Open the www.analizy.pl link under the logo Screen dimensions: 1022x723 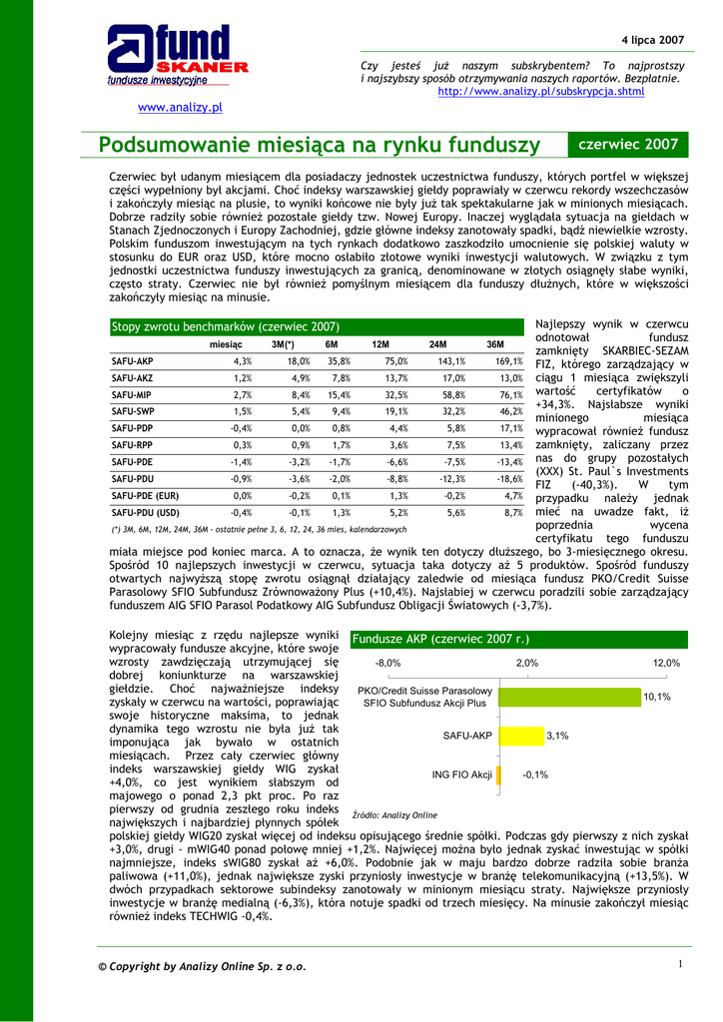coord(179,107)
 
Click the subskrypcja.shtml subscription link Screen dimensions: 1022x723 coord(541,92)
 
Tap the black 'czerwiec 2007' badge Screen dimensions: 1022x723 coord(628,145)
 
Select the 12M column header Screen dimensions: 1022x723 coord(379,344)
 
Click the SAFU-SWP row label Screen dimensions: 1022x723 coord(133,411)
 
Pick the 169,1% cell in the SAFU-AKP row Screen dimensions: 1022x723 coord(508,361)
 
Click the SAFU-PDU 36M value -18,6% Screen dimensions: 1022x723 coord(508,479)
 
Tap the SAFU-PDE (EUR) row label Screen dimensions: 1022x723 coord(145,495)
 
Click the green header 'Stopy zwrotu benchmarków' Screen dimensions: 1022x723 coord(226,326)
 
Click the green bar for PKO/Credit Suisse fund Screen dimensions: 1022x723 coord(569,696)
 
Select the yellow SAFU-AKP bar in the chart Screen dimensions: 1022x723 coord(519,736)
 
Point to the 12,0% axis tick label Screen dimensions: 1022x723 coord(666,663)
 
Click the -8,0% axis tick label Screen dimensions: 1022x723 coord(387,663)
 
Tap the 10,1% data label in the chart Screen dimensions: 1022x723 coord(657,697)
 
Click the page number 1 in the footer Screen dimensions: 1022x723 coord(678,963)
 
